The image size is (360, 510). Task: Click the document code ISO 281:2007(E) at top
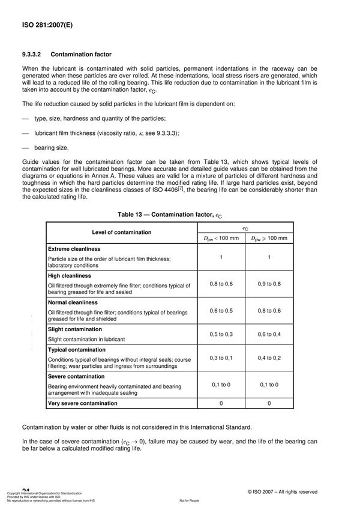[45, 26]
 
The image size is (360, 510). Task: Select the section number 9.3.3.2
[35, 55]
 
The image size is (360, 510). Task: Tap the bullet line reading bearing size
[52, 147]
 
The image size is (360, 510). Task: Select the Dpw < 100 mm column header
[220, 238]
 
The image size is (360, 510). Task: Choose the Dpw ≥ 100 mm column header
[268, 238]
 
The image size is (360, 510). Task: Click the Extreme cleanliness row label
[74, 248]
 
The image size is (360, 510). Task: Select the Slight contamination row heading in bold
[76, 329]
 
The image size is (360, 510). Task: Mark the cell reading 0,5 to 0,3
[220, 334]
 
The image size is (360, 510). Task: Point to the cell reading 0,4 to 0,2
[268, 358]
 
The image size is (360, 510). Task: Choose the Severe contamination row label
[77, 376]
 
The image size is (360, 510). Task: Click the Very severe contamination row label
[83, 403]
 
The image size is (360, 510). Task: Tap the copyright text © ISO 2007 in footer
[282, 492]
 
